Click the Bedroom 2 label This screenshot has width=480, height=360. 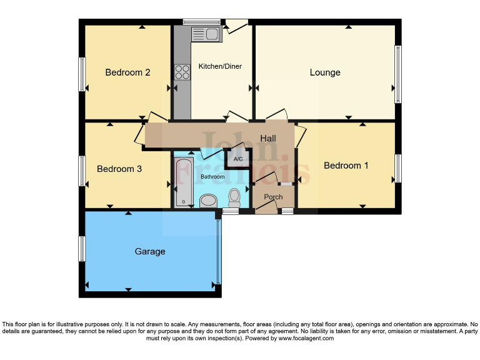[127, 72]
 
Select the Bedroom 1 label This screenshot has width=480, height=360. [346, 166]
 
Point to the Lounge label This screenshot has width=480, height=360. [325, 72]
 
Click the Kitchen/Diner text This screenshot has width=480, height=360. [220, 66]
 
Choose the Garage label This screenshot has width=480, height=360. [150, 251]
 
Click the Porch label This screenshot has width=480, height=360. [273, 197]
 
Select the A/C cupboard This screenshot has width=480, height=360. [238, 159]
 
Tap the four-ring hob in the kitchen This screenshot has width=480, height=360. [182, 72]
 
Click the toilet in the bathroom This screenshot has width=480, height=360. [235, 197]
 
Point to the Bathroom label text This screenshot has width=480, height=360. [212, 177]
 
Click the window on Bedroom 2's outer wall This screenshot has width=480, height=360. [81, 74]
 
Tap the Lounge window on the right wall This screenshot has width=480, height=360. [397, 74]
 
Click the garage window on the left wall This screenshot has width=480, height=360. [81, 249]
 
